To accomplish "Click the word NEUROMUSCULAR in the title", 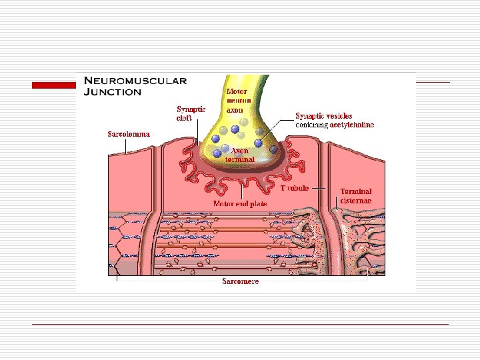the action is [x=135, y=81].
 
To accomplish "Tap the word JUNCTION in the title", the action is [x=112, y=92].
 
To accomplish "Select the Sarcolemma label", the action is [x=129, y=134].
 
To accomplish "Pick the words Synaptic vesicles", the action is [x=324, y=116].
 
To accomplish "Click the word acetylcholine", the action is [x=352, y=125].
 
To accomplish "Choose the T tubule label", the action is [x=294, y=189].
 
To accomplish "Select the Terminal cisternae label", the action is [x=356, y=195].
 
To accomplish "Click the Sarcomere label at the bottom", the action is [x=241, y=281].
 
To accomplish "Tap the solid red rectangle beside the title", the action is [x=55, y=85].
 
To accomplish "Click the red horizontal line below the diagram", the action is [x=240, y=324].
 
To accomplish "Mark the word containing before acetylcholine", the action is [x=312, y=125].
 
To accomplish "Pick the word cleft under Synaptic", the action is [x=185, y=117].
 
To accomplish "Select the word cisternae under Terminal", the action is [x=356, y=200].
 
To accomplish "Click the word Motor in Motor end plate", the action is [x=223, y=203].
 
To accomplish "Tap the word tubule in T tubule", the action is [x=298, y=189].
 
